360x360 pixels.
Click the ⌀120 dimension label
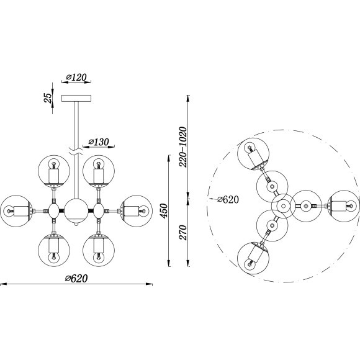click(76, 78)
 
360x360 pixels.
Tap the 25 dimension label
click(48, 98)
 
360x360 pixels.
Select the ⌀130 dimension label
click(99, 142)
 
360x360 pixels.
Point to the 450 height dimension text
click(164, 211)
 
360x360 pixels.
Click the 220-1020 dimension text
click(183, 146)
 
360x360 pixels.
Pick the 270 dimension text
click(183, 232)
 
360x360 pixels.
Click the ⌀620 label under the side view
click(76, 279)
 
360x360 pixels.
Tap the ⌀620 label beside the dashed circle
click(228, 199)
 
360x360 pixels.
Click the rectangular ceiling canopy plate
click(76, 99)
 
